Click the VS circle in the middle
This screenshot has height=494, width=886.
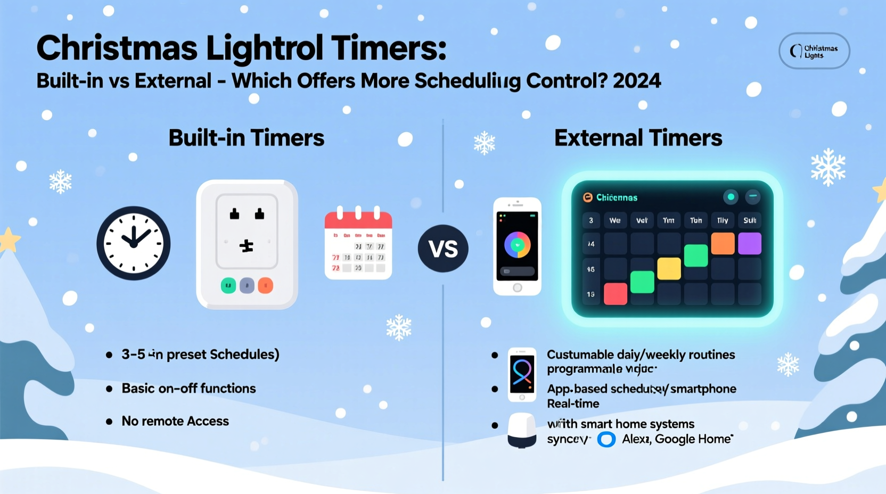click(443, 248)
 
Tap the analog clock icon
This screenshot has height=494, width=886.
click(134, 243)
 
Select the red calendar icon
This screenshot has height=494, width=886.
click(358, 244)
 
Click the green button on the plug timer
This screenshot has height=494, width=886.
click(228, 286)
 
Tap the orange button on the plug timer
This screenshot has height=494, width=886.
click(265, 286)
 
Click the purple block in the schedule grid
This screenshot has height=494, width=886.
click(749, 244)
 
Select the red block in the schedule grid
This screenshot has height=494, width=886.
click(616, 294)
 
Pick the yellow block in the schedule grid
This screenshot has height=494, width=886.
click(669, 269)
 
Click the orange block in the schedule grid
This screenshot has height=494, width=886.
click(723, 244)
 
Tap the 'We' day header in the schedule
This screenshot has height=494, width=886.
click(615, 220)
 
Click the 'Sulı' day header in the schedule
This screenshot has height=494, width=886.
click(749, 220)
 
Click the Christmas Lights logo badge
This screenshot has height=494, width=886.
click(814, 52)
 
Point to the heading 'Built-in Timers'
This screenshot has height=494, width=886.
click(246, 138)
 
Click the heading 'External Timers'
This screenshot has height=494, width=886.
click(638, 138)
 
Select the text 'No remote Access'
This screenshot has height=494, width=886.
click(175, 421)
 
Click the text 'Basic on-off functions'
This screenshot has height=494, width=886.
click(188, 389)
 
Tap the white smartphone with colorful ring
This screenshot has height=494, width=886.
click(517, 246)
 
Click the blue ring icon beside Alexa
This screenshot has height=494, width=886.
click(606, 440)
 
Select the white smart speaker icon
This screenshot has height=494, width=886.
click(522, 431)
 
